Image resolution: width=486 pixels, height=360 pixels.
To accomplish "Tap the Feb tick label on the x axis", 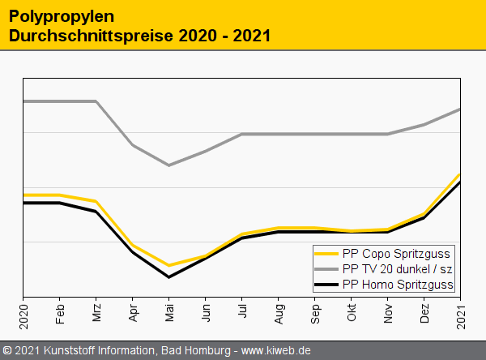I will coord(60,312).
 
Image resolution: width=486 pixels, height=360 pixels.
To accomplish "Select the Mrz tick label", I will coord(96,312).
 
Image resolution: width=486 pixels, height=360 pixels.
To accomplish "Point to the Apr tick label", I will coord(133,312).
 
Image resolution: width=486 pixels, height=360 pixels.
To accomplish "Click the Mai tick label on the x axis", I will coord(169,312).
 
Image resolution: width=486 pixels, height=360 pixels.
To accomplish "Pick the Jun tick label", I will coord(206,312).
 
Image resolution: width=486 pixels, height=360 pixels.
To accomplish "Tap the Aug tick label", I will coord(279,312).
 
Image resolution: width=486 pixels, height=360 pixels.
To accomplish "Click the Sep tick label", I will coord(315,312).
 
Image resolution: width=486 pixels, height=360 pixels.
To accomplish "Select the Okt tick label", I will coord(352,312).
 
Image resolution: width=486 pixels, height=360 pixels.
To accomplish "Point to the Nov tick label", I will coord(388,312).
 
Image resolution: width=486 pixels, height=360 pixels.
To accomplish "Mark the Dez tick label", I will coord(424,312).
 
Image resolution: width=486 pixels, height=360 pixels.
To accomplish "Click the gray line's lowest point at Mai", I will coord(169,165).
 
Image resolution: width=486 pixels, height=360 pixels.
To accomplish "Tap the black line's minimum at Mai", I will coord(169,277).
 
